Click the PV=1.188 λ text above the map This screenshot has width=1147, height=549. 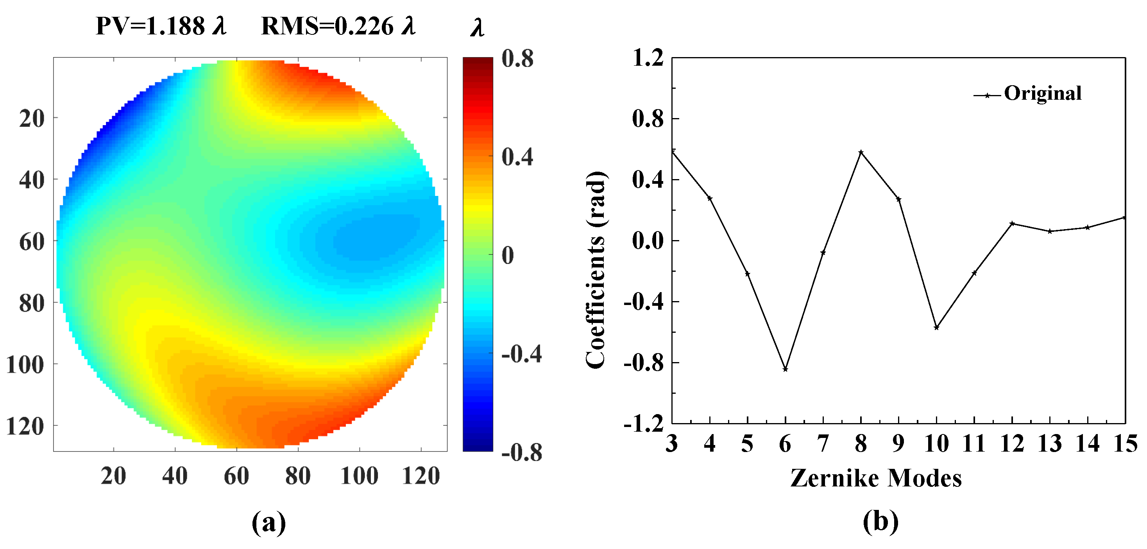(161, 26)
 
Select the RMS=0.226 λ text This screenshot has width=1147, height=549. (338, 26)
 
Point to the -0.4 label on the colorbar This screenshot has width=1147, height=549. (521, 354)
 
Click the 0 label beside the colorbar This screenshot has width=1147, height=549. (508, 256)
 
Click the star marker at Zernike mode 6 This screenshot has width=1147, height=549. (786, 370)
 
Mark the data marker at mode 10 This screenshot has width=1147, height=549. (936, 328)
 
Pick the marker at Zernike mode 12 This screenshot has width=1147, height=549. (1012, 223)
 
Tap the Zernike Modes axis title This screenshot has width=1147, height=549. (876, 478)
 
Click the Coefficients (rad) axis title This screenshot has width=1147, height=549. (595, 269)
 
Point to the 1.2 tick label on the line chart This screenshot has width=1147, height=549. (648, 58)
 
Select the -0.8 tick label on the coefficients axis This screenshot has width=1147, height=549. (643, 363)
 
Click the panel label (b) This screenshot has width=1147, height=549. (880, 521)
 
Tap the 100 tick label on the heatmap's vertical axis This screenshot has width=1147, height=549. (25, 365)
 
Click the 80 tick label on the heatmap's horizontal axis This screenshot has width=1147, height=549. (297, 476)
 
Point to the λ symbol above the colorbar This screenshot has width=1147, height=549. (477, 28)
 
